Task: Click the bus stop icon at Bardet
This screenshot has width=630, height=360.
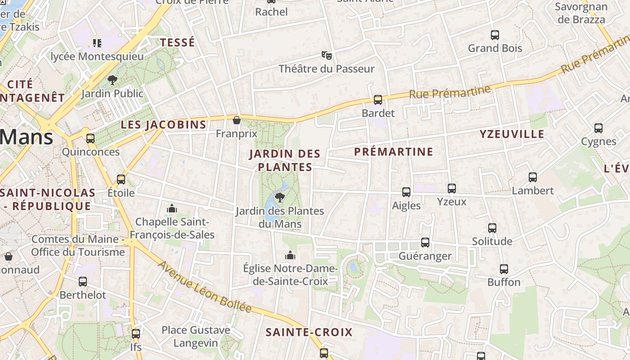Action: (378, 100)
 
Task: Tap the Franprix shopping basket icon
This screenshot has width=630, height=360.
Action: (237, 120)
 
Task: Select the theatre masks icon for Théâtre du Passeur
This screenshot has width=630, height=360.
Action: (327, 55)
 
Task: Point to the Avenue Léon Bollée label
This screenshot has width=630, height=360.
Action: (205, 287)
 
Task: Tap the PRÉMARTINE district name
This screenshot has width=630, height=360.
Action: (393, 152)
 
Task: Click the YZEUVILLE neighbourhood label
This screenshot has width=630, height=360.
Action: (512, 134)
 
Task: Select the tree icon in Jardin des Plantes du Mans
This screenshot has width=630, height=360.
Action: (279, 197)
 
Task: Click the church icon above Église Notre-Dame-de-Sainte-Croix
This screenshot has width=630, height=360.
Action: (290, 255)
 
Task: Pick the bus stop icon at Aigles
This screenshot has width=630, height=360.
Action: (406, 192)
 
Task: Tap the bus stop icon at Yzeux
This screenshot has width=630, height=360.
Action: (452, 189)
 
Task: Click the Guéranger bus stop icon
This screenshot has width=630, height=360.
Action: (425, 243)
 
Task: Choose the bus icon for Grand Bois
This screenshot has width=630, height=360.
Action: (495, 35)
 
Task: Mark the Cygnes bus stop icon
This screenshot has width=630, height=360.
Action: (598, 128)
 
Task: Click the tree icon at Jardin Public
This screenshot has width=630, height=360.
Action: (112, 80)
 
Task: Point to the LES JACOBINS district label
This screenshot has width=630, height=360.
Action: (164, 125)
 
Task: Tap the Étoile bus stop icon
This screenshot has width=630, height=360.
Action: (121, 180)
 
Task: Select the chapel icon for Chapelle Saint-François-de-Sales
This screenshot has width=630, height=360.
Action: (172, 208)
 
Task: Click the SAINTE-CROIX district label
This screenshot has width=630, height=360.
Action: (309, 333)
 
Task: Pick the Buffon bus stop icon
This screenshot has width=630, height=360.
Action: (504, 269)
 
